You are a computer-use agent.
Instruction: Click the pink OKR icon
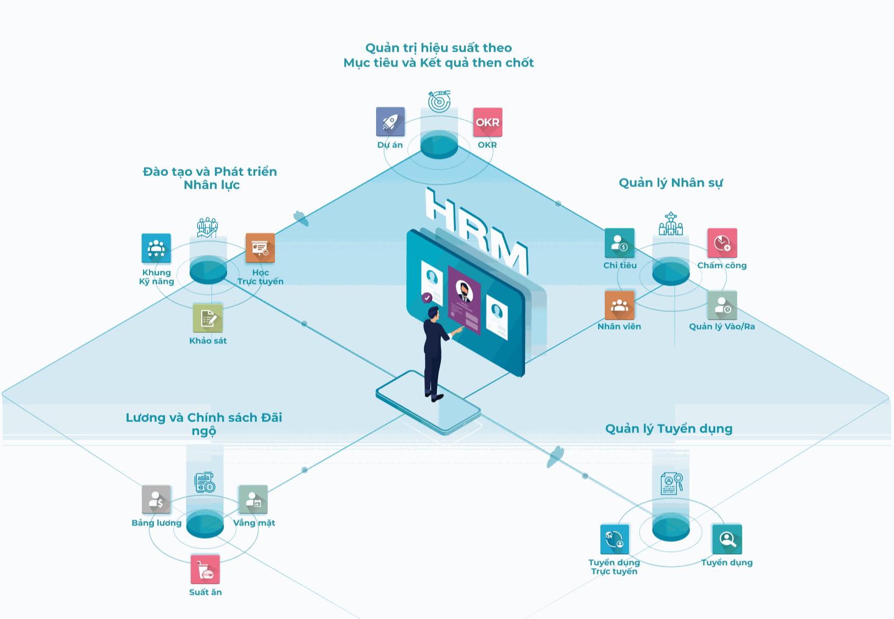pyautogui.click(x=488, y=122)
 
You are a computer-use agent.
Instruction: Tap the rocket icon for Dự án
pyautogui.click(x=390, y=122)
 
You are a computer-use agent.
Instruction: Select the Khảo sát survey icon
pyautogui.click(x=208, y=318)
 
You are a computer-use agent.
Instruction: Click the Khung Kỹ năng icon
pyautogui.click(x=156, y=248)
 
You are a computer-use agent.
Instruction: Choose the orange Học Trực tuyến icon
pyautogui.click(x=260, y=248)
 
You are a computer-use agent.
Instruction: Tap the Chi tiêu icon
pyautogui.click(x=620, y=243)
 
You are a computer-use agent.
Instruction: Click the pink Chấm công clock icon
pyautogui.click(x=722, y=243)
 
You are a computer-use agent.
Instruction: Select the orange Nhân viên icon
pyautogui.click(x=620, y=305)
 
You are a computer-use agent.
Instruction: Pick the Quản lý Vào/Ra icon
pyautogui.click(x=722, y=305)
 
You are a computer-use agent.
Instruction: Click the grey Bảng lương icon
pyautogui.click(x=156, y=500)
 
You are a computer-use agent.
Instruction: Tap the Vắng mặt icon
pyautogui.click(x=253, y=500)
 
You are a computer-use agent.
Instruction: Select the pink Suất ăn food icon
pyautogui.click(x=205, y=569)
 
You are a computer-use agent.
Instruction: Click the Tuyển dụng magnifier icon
pyautogui.click(x=727, y=539)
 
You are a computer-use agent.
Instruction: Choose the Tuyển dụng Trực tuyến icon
pyautogui.click(x=615, y=539)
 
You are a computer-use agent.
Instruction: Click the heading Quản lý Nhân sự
pyautogui.click(x=671, y=183)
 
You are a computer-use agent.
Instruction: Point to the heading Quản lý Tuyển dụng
pyautogui.click(x=669, y=429)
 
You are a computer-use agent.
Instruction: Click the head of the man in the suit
pyautogui.click(x=434, y=313)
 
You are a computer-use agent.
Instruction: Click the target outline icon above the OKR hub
pyautogui.click(x=439, y=101)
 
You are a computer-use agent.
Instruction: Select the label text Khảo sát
pyautogui.click(x=208, y=341)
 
